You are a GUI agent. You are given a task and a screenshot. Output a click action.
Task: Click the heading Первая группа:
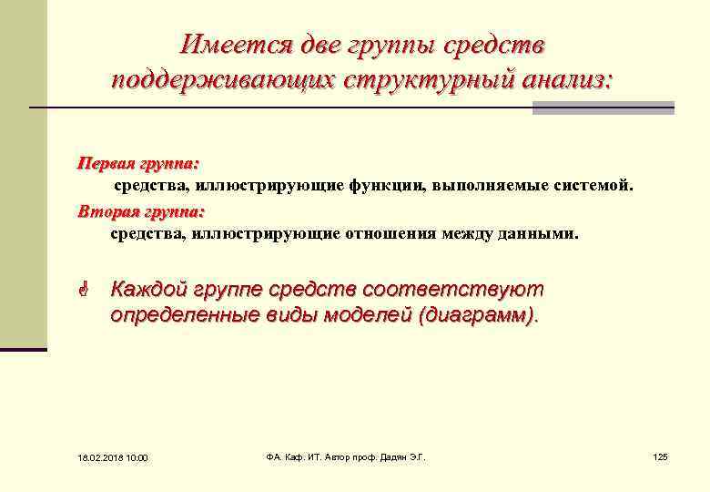click(x=137, y=164)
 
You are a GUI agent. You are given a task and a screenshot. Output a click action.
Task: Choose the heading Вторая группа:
click(x=141, y=211)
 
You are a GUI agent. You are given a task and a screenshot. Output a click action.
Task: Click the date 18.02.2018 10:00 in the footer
click(x=106, y=456)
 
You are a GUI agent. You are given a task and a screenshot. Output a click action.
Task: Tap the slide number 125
click(x=661, y=456)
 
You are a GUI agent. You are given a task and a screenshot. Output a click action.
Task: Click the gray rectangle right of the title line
click(x=603, y=108)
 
